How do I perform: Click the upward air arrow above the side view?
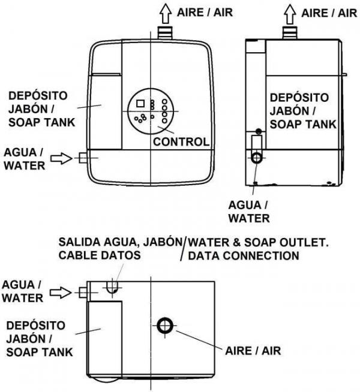[290, 12]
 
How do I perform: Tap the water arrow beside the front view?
[61, 158]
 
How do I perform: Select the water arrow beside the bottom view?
[61, 292]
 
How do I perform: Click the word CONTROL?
[181, 142]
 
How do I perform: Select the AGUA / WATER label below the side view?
[251, 212]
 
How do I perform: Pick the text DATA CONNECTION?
[243, 256]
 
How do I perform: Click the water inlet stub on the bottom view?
[83, 292]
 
